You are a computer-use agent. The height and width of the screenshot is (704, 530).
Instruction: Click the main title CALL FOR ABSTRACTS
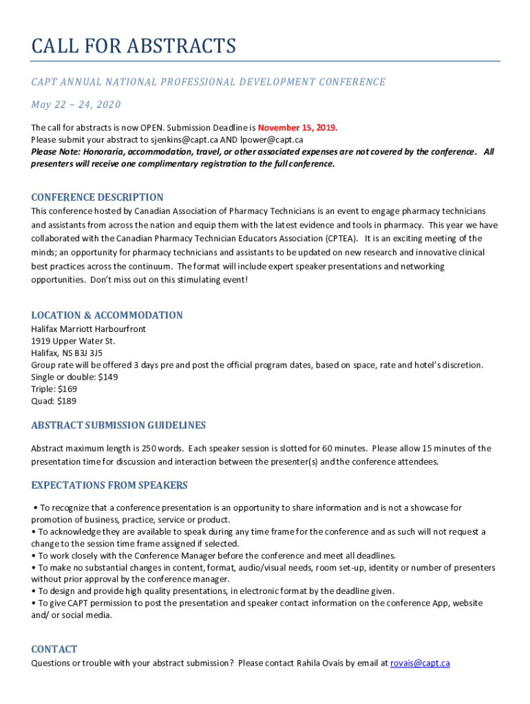click(134, 46)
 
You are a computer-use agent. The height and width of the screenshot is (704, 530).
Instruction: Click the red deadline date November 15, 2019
click(297, 128)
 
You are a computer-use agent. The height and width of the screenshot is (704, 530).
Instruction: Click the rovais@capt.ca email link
click(420, 663)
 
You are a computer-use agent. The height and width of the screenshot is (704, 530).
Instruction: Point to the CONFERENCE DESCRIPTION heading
click(97, 197)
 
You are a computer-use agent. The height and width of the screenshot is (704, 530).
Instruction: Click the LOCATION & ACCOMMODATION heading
click(107, 316)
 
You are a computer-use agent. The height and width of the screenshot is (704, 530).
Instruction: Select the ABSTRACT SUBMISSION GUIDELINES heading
click(118, 426)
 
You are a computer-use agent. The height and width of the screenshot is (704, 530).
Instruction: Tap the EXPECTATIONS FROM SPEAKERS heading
click(109, 486)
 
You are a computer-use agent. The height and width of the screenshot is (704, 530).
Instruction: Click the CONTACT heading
click(54, 650)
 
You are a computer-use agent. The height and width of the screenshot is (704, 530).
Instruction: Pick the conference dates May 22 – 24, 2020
click(76, 104)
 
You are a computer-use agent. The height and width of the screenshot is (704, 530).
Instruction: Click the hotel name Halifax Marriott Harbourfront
click(88, 329)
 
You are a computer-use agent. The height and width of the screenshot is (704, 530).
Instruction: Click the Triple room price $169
click(67, 388)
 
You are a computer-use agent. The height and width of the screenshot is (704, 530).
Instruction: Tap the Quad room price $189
click(67, 400)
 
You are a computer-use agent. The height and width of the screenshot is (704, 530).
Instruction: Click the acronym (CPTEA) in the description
click(336, 238)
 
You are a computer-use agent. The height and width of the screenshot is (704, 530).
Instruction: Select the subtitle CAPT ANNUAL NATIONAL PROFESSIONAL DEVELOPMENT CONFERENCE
click(208, 82)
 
